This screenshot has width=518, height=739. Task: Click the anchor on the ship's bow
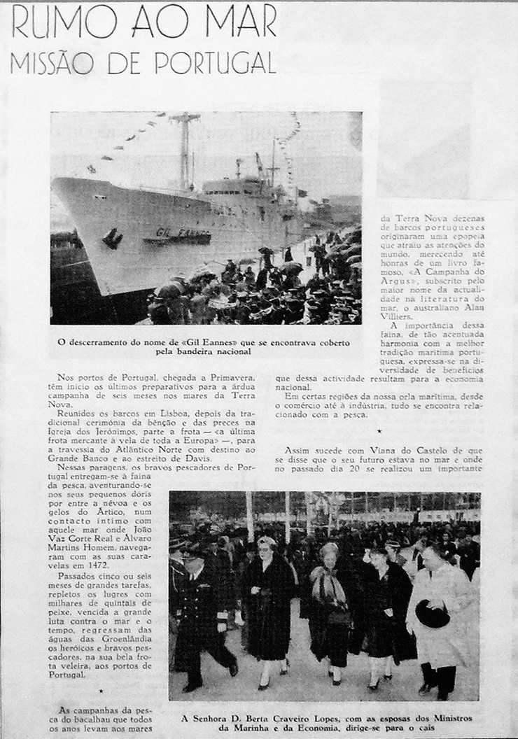[x=111, y=238]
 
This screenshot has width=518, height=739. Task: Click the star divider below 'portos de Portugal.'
[x=101, y=690]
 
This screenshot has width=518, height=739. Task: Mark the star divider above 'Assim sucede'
[x=379, y=431]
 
